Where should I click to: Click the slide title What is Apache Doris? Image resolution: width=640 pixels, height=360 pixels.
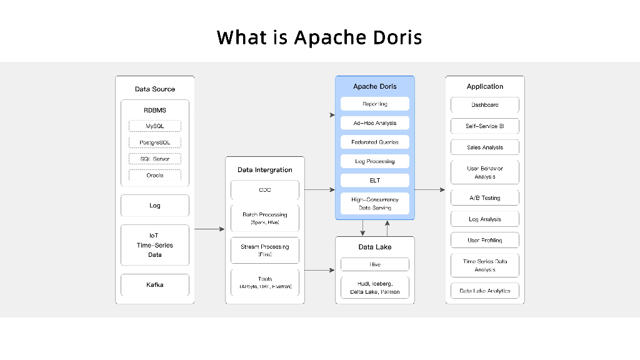319,37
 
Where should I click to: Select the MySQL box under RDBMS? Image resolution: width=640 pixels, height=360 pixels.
155,126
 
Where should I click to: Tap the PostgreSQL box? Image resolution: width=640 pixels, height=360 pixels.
155,142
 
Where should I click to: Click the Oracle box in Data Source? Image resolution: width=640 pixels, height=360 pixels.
155,175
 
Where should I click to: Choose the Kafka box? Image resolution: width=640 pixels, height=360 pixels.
155,285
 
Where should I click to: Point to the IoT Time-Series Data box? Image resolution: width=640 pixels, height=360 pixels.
155,245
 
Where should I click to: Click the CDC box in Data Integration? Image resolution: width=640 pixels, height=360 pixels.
265,190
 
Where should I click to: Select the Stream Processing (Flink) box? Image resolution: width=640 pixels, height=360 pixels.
265,250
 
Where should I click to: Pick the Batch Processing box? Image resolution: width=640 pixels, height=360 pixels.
265,218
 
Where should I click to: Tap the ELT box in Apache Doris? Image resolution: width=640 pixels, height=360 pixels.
375,181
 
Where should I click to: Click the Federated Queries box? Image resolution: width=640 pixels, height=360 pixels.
375,142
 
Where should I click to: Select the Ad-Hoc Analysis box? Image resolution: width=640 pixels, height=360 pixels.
375,123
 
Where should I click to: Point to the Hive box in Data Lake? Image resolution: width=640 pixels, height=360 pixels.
375,264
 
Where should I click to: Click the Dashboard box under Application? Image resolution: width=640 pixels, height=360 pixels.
485,105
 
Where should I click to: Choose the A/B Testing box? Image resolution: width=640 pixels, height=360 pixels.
485,197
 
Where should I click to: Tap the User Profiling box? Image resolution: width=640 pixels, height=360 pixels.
485,240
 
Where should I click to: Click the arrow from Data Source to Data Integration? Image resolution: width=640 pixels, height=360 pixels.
209,229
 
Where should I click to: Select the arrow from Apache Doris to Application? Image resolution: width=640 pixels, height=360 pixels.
429,189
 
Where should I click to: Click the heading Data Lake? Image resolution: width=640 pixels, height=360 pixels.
375,247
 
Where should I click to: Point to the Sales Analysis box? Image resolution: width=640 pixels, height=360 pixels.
485,147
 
